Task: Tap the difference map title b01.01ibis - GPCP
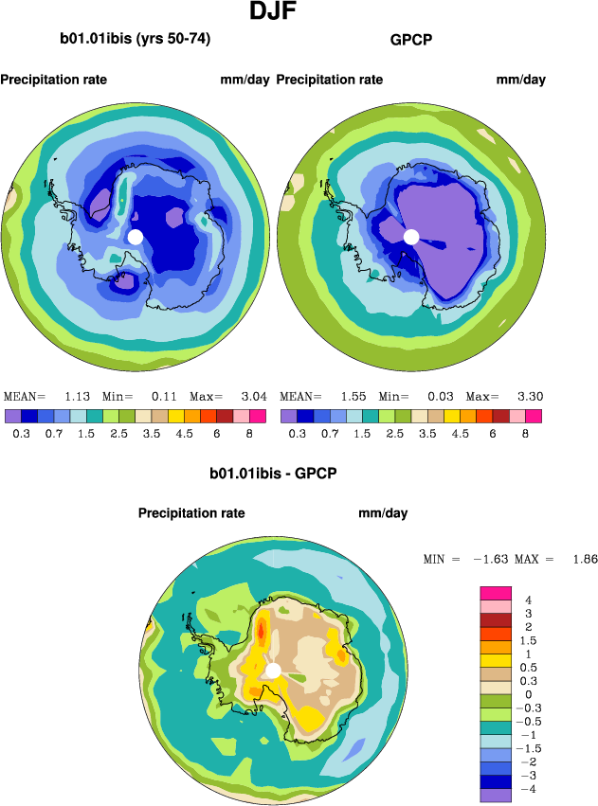click(x=274, y=471)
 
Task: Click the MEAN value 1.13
click(x=77, y=396)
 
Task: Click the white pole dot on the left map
click(x=135, y=236)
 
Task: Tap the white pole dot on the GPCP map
click(x=411, y=237)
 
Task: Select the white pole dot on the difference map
click(x=273, y=671)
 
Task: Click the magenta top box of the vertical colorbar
click(x=498, y=592)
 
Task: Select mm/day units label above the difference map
click(x=383, y=513)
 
